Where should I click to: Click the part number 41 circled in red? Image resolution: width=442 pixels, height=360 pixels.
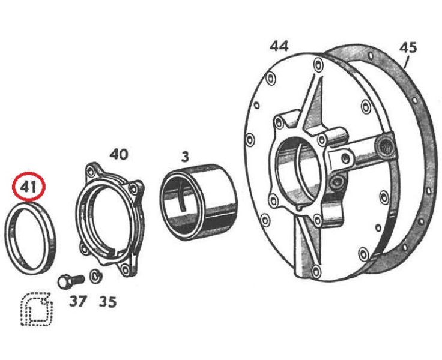coord(28,187)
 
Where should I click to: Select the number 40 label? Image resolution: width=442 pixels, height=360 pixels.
coord(119,154)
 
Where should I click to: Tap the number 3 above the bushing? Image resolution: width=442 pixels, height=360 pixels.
coord(185,157)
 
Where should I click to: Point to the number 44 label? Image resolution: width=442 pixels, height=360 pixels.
coord(279,46)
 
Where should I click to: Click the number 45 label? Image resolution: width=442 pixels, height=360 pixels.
coord(408,47)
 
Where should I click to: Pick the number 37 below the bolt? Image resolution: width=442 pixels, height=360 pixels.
coord(78,302)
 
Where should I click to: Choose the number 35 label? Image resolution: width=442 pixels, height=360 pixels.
coord(107,302)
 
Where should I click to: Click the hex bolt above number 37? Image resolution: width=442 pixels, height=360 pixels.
coord(71,281)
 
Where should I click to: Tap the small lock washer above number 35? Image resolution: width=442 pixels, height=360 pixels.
coord(96,276)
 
